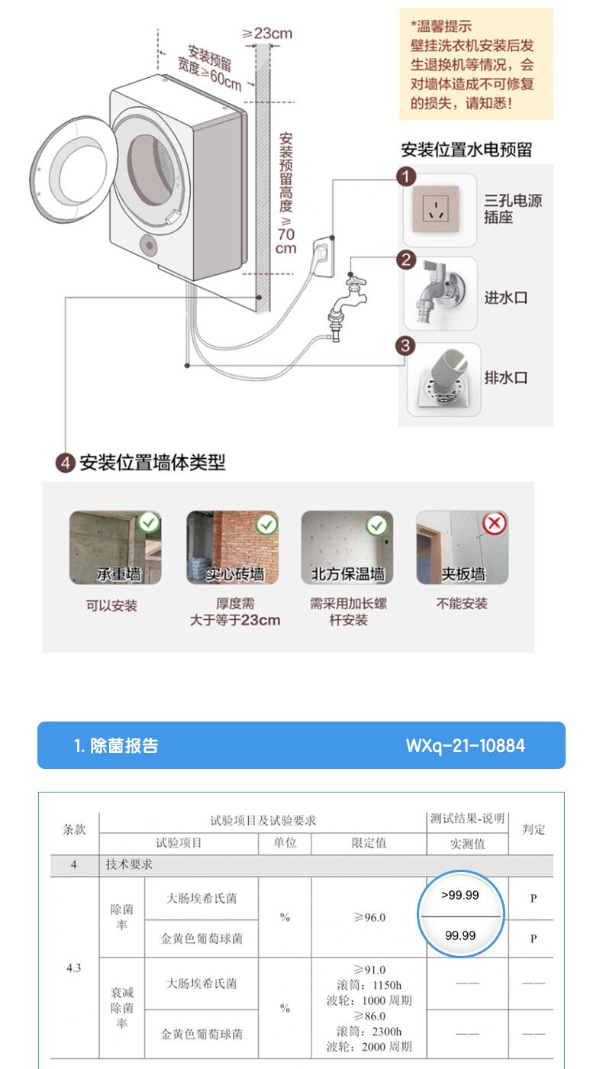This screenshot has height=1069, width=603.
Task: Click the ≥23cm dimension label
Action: pyautogui.click(x=267, y=34)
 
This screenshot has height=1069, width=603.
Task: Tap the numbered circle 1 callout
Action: pyautogui.click(x=406, y=176)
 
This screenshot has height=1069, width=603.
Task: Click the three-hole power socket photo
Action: pyautogui.click(x=436, y=209)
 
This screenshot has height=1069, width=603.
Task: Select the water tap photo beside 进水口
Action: pyautogui.click(x=440, y=293)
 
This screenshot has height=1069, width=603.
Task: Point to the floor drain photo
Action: pyautogui.click(x=443, y=379)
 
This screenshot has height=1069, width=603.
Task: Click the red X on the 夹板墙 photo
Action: pyautogui.click(x=495, y=524)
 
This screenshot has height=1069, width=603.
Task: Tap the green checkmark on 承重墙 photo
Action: pyautogui.click(x=149, y=522)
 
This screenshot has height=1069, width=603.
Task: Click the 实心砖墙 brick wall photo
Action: pyautogui.click(x=232, y=547)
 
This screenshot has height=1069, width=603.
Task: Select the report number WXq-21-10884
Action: pyautogui.click(x=465, y=745)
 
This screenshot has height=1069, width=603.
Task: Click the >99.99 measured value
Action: pyautogui.click(x=460, y=895)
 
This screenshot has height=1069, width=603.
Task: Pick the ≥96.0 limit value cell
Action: pyautogui.click(x=369, y=917)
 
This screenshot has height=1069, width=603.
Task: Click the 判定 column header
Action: pyautogui.click(x=534, y=829)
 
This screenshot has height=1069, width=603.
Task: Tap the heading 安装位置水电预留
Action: pyautogui.click(x=466, y=150)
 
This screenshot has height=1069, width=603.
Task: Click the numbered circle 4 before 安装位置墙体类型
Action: pyautogui.click(x=66, y=463)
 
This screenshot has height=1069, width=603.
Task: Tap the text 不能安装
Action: pyautogui.click(x=462, y=604)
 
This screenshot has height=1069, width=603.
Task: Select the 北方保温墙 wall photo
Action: pyautogui.click(x=347, y=547)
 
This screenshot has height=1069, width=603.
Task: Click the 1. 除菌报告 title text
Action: pyautogui.click(x=116, y=745)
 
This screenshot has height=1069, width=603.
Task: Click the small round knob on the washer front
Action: pyautogui.click(x=150, y=246)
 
